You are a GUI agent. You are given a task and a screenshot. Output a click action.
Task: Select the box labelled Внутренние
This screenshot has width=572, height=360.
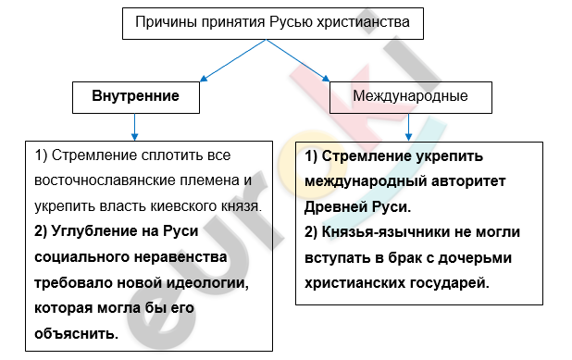pos(135,96)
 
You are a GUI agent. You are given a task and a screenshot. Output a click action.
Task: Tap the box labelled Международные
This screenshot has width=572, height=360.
pos(410,96)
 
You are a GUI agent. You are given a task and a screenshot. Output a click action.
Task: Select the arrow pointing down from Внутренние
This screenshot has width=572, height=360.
pos(135,126)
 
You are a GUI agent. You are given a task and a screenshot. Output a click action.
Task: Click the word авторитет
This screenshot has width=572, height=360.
pos(468,180)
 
